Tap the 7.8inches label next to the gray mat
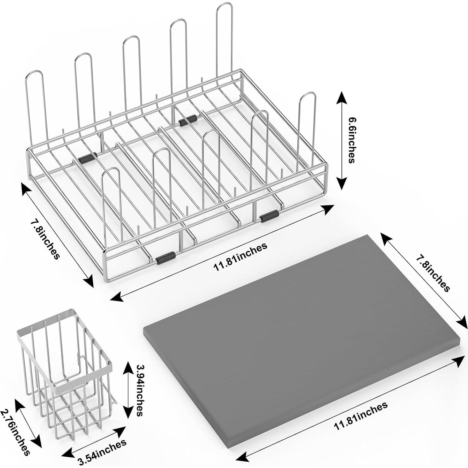pos(432,273)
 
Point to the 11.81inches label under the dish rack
pos(240,256)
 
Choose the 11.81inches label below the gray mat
pos(361,416)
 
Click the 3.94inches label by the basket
pos(140,390)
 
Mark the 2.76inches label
pos(15,432)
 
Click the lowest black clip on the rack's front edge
pos(165,258)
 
